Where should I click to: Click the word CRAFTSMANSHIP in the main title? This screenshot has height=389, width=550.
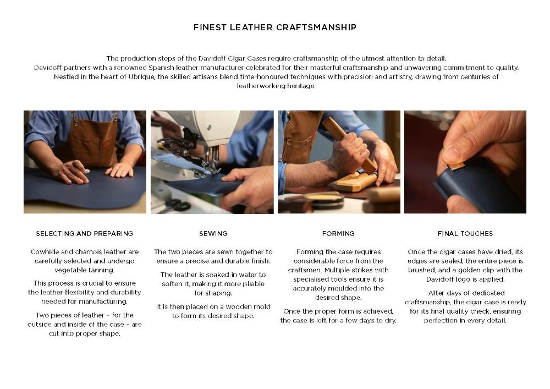tap(316, 28)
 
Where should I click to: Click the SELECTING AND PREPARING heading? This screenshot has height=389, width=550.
tap(85, 234)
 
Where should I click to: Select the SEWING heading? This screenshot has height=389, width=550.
tap(213, 234)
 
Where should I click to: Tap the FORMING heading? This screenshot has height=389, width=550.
tap(338, 234)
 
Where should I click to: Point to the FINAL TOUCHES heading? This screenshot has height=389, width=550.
tap(465, 234)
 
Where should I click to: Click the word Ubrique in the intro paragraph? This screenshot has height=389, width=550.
tap(141, 77)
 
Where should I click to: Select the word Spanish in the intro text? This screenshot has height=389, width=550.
tap(161, 68)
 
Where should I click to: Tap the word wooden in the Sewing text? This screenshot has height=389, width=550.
tap(238, 306)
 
